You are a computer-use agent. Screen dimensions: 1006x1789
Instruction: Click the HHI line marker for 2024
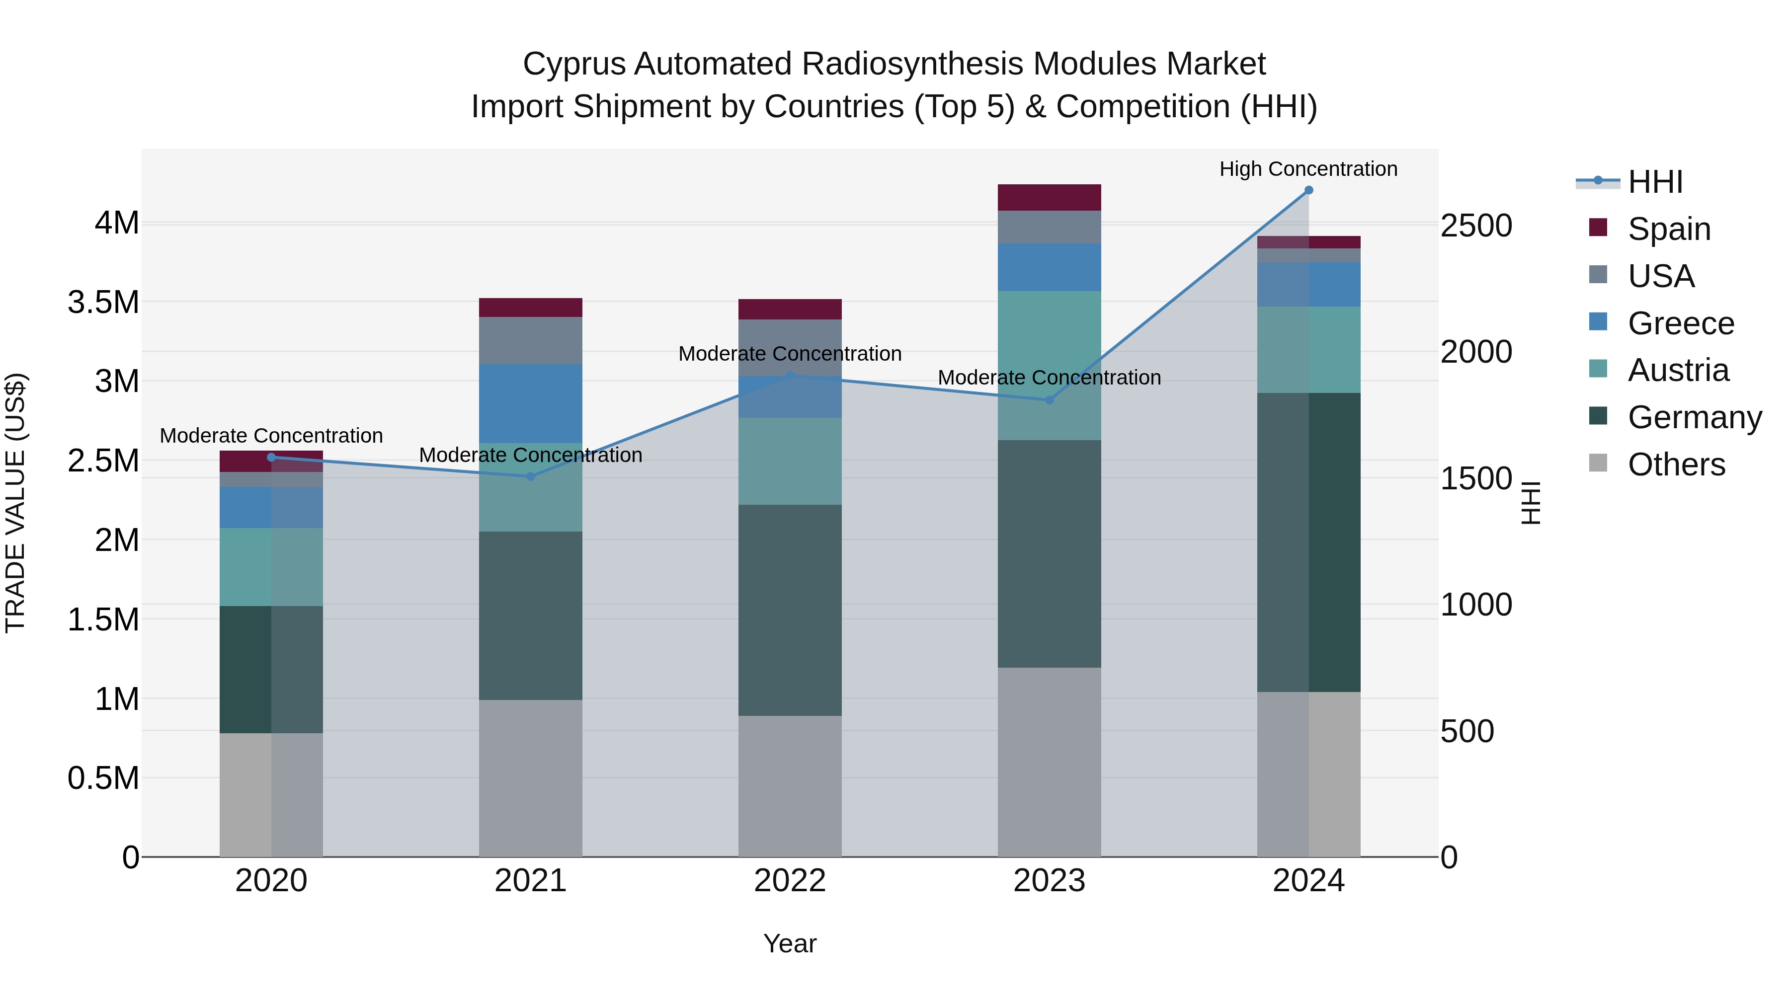1308,190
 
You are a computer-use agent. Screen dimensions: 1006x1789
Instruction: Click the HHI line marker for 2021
531,476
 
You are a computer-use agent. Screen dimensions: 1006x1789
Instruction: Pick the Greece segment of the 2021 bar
531,403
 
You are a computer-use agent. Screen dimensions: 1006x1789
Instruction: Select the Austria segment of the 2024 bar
1308,349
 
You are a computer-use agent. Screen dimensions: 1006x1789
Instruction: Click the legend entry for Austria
1677,370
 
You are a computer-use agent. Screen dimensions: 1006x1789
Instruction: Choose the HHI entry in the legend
1654,182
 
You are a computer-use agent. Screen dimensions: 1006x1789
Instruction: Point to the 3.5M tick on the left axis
103,303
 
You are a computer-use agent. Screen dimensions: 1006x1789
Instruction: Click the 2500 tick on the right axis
1476,227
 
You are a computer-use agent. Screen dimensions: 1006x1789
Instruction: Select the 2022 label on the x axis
790,881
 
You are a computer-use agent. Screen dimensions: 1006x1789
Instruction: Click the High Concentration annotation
1308,169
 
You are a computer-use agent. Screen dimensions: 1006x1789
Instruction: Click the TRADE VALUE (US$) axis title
15,503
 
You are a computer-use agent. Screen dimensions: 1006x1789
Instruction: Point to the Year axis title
790,943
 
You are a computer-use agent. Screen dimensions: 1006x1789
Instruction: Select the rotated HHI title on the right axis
1530,503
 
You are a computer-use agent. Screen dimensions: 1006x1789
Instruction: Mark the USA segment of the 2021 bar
531,340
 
